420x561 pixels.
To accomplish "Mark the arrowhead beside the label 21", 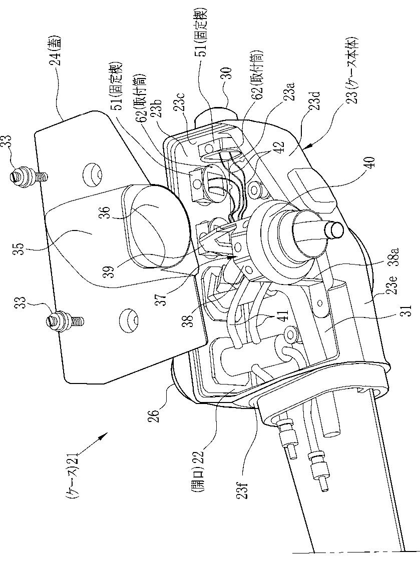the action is point(104,436).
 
